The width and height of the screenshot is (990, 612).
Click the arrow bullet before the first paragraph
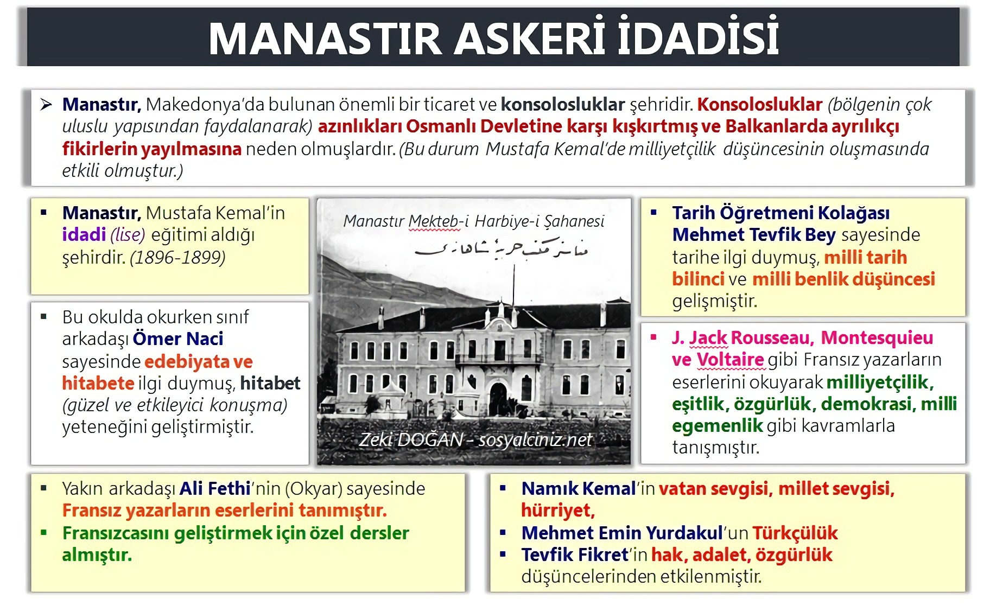pos(46,105)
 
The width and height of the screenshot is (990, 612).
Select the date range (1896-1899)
pos(177,257)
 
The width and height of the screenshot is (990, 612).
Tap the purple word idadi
pos(84,235)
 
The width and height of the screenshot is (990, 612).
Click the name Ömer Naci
pos(178,339)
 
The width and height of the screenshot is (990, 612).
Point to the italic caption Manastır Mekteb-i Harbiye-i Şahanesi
pos(473,221)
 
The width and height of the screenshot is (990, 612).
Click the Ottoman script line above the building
pos(500,249)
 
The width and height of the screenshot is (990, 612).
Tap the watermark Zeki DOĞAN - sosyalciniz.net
pos(475,439)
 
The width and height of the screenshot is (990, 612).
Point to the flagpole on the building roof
pos(513,282)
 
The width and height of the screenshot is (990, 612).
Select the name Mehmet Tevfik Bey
pos(754,235)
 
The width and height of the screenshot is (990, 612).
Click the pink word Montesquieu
pos(877,338)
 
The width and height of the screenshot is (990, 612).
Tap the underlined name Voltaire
pos(730,360)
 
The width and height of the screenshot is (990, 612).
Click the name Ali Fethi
pos(215,489)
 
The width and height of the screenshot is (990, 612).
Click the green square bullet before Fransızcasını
pos(44,533)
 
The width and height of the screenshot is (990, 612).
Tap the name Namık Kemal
pos(578,489)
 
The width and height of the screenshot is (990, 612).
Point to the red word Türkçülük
pos(795,533)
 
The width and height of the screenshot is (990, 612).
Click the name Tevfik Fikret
pos(574,555)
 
